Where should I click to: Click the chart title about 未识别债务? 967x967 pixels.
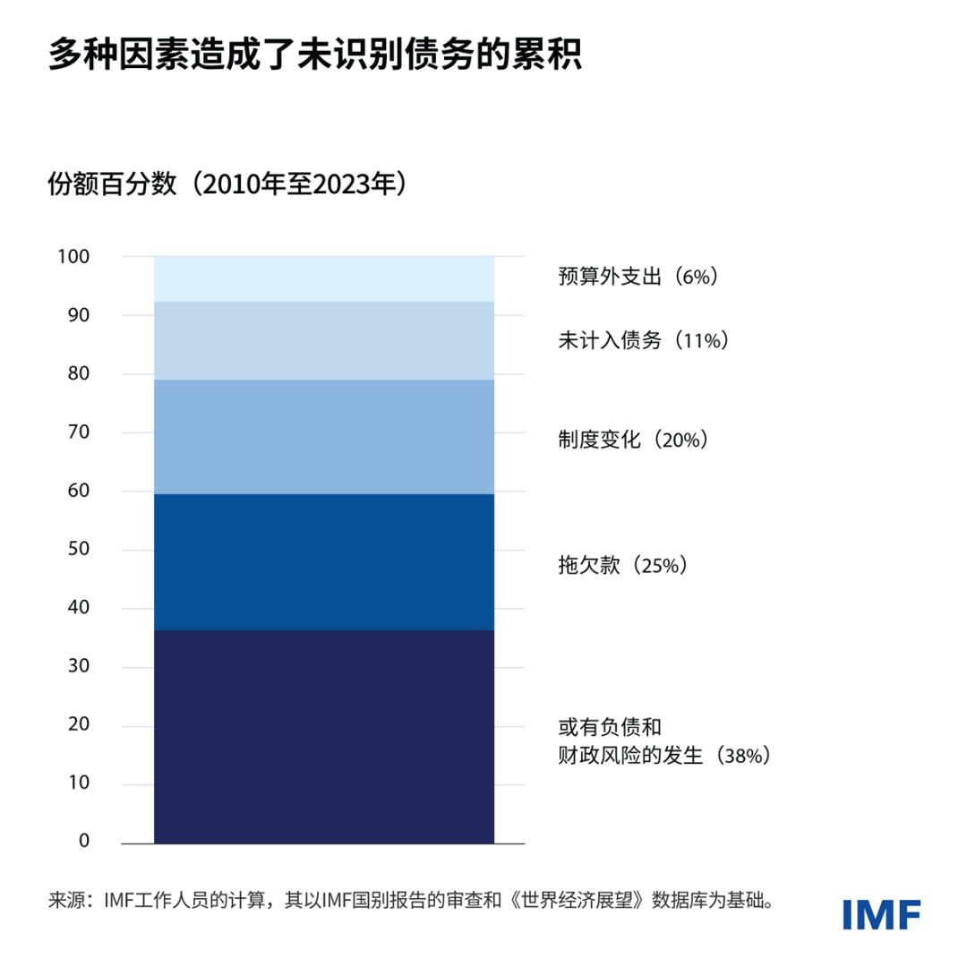click(315, 55)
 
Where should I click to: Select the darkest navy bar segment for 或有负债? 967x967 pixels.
click(324, 736)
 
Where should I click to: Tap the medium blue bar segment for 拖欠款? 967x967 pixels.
click(324, 561)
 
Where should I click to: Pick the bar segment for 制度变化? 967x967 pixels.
click(324, 436)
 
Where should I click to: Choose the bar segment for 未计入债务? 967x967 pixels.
click(324, 340)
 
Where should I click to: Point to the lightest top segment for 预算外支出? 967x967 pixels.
click(324, 278)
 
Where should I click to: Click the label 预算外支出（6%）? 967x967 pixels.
click(638, 277)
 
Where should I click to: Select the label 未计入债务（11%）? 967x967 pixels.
click(643, 340)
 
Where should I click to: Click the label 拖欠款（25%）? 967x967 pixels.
click(620, 565)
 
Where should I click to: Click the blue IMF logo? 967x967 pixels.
click(881, 913)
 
